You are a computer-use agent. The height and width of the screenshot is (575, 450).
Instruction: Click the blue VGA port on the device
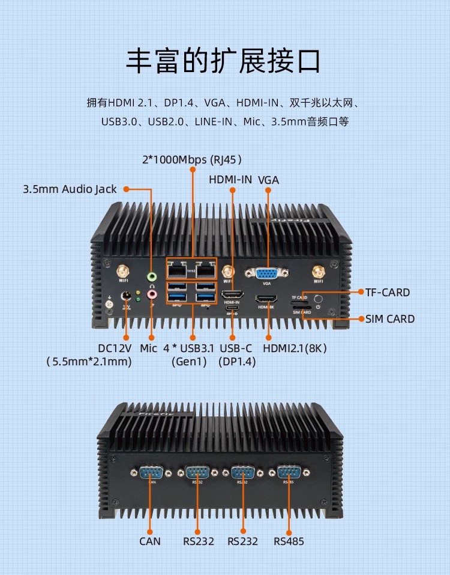pos(266,274)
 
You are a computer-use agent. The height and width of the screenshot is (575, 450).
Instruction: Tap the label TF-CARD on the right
pos(388,293)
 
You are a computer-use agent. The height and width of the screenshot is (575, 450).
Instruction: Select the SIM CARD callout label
pos(390,318)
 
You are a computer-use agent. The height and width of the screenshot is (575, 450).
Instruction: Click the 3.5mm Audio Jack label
pos(70,189)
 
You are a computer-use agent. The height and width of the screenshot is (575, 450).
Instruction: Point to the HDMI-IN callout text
pos(230,179)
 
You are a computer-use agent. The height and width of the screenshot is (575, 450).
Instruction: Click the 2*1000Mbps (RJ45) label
pos(192,160)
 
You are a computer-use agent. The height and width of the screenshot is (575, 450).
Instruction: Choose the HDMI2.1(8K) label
pos(295,348)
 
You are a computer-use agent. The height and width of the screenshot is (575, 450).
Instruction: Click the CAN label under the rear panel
pos(150,541)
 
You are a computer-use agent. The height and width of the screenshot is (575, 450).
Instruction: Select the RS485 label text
pos(289,541)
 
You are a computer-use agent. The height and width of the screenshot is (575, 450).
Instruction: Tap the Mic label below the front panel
pos(148,348)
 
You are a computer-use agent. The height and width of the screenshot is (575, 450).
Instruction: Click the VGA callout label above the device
pos(268,179)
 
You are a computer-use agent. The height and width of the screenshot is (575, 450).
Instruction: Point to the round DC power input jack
pos(127,295)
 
